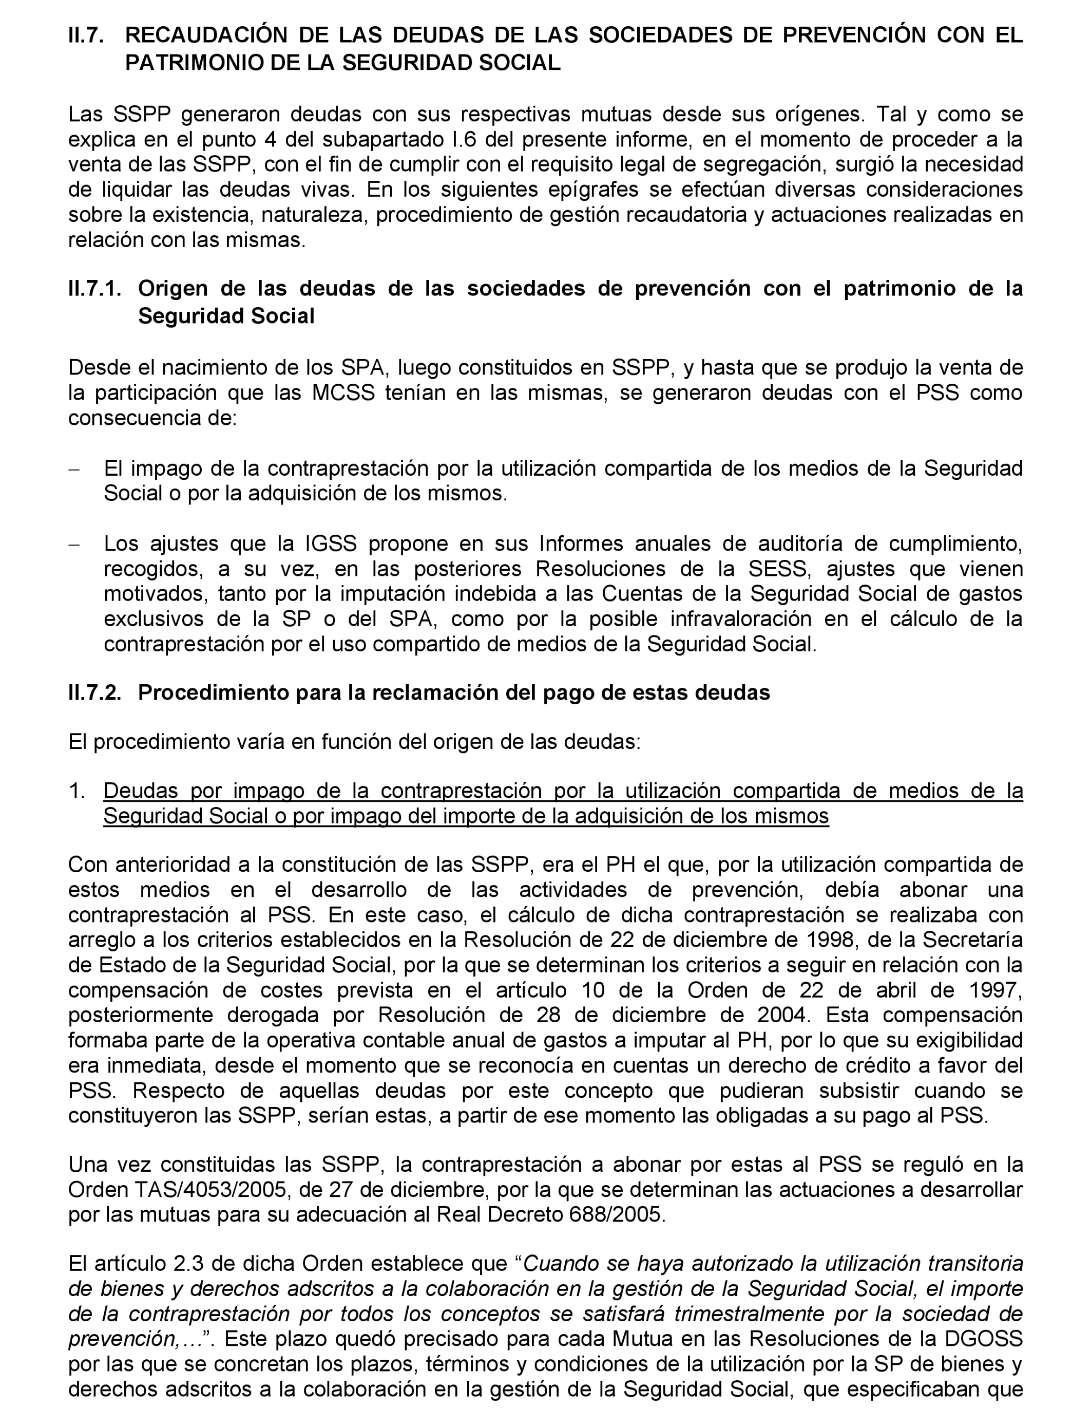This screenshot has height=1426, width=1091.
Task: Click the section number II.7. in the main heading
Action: pos(86,35)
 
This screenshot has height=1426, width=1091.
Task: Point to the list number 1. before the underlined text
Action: pos(78,791)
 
